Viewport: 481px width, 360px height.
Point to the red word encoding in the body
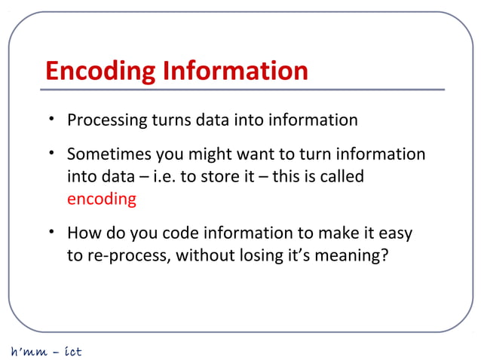pos(102,200)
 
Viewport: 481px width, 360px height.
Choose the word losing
pos(269,256)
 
